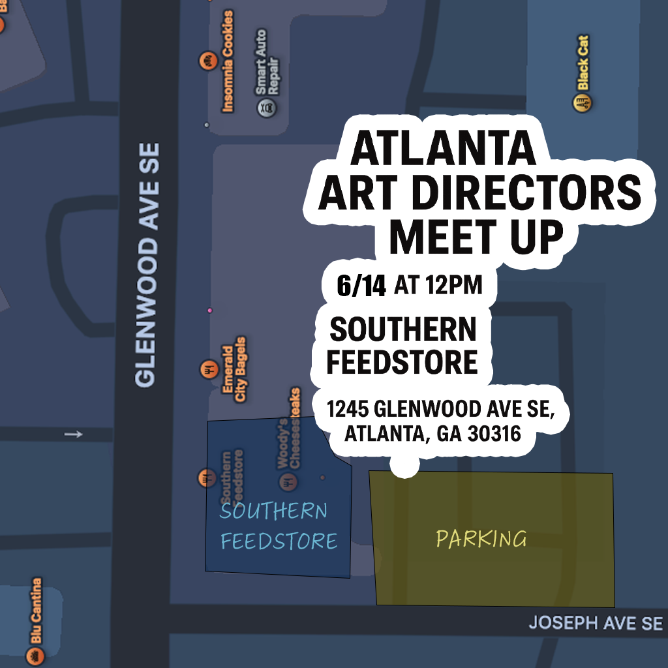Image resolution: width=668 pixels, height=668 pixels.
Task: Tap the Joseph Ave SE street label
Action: point(595,623)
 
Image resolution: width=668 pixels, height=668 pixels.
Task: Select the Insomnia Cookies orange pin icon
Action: point(207,62)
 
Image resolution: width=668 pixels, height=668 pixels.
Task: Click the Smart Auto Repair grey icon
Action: point(264,107)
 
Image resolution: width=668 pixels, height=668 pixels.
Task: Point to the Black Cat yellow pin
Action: point(583,103)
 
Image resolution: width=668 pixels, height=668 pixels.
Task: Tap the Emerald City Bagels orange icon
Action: point(208,369)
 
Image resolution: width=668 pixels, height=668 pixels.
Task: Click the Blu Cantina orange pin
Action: point(35,655)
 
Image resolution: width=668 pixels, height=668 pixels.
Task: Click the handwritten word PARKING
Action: point(481,539)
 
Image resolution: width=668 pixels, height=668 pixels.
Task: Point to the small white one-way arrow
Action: point(74,434)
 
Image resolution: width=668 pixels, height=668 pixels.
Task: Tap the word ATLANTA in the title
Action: point(443,149)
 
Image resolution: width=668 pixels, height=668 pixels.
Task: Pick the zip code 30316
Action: point(494,434)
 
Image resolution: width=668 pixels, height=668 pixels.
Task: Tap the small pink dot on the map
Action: point(209,311)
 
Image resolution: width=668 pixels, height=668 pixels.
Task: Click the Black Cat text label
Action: point(583,63)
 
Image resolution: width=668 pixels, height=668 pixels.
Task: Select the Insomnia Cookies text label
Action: point(228,61)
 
